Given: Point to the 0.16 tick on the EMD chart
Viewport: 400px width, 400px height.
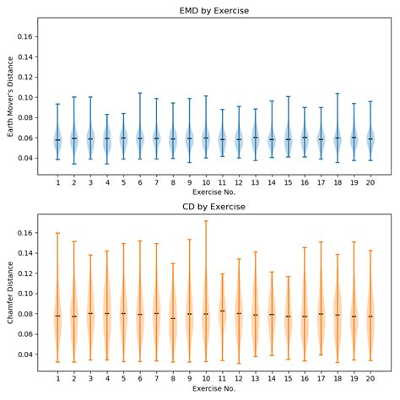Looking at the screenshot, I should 25,37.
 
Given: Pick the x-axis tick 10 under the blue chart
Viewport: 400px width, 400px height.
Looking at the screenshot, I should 206,183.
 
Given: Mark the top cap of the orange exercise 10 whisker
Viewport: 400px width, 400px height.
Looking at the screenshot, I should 206,221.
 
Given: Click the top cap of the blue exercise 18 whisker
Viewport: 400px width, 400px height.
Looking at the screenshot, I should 338,94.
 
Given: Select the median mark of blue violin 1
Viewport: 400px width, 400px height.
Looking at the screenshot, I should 57,140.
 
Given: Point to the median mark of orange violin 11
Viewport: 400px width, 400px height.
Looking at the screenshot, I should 222,311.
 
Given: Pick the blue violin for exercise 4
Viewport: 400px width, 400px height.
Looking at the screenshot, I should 107,138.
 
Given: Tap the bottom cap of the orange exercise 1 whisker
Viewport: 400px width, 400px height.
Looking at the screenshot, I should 57,362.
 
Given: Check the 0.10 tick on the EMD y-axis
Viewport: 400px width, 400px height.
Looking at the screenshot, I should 25,97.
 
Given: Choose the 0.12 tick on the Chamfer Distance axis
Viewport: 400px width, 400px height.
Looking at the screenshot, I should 25,273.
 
